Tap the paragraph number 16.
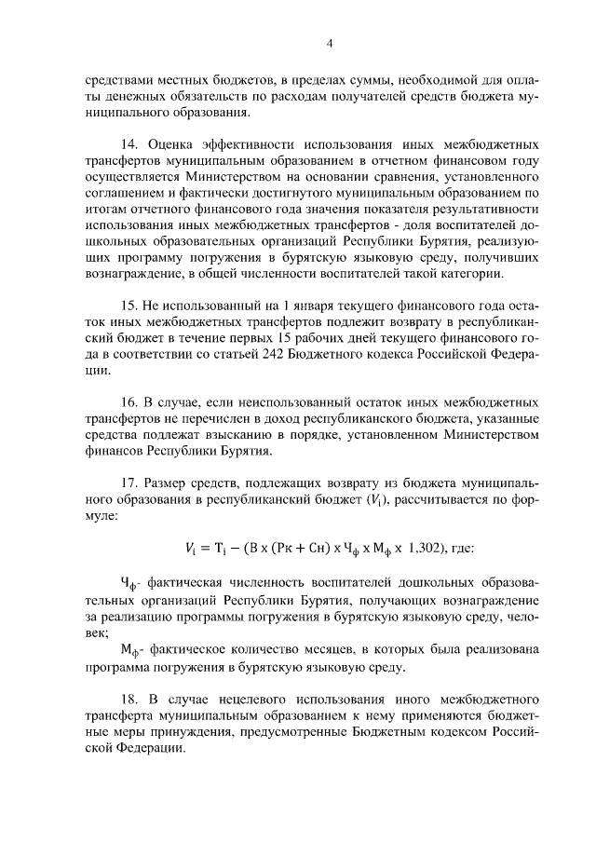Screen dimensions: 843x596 pyautogui.click(x=130, y=401)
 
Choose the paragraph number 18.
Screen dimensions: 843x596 pyautogui.click(x=130, y=697)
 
